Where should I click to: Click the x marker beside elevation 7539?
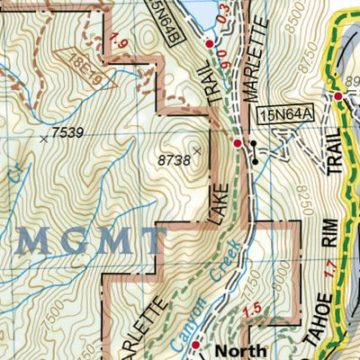point(45,139)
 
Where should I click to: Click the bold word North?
point(245,350)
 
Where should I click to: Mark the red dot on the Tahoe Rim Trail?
point(339,96)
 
